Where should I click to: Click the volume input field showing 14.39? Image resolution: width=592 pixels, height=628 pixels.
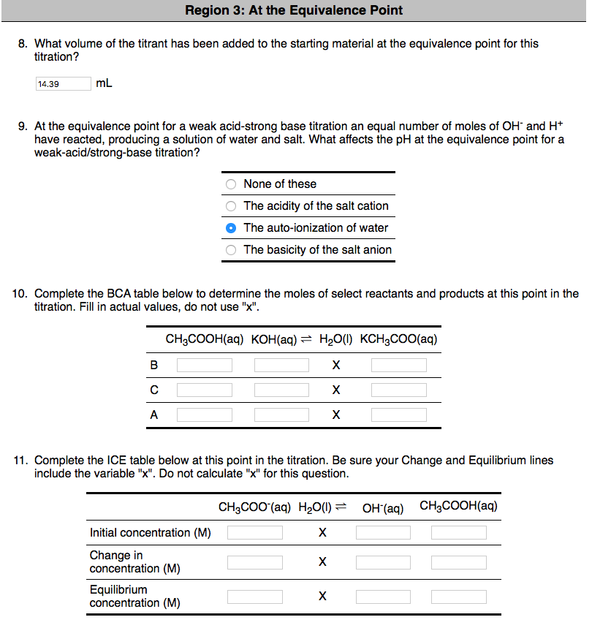tap(63, 84)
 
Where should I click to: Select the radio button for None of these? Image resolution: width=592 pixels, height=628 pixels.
tap(231, 184)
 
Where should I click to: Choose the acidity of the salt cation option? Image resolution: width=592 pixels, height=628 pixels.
tap(231, 206)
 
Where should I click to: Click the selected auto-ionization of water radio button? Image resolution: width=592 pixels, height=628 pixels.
tap(231, 228)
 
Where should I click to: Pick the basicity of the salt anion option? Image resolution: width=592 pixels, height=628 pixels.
tap(231, 250)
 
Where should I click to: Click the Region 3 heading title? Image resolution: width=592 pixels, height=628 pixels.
tap(294, 10)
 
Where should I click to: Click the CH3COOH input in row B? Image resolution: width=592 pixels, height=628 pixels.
tap(205, 365)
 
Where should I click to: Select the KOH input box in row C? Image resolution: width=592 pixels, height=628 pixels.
tap(281, 390)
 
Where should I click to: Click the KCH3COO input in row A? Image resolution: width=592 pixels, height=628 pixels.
tap(398, 415)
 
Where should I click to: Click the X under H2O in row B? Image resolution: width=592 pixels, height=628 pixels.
tap(335, 366)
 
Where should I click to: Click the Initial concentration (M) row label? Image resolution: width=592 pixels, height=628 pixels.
tap(150, 533)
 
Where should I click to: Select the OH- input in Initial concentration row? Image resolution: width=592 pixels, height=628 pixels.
tap(383, 533)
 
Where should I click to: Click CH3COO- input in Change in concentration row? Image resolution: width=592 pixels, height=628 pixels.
tap(254, 562)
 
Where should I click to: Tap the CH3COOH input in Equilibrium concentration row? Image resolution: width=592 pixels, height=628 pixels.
tap(458, 597)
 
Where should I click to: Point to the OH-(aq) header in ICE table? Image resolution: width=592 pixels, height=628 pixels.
tap(383, 507)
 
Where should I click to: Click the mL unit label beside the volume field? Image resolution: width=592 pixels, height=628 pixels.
tap(104, 83)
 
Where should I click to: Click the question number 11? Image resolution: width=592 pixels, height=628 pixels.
tap(21, 461)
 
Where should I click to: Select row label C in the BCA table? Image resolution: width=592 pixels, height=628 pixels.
tap(153, 390)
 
